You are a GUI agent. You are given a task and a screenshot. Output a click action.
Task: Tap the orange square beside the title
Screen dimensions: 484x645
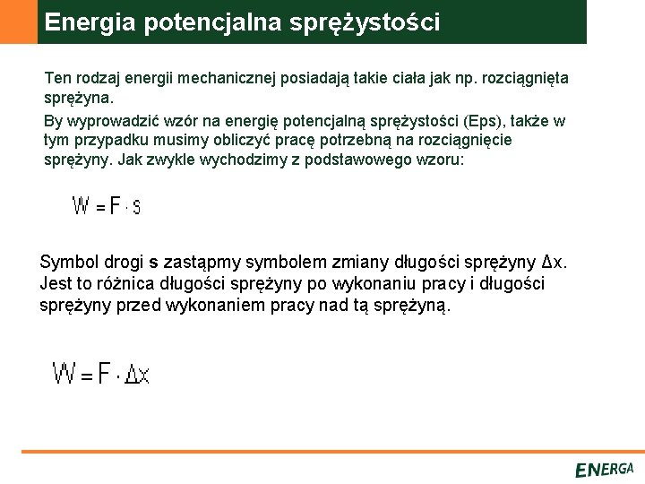[18, 22]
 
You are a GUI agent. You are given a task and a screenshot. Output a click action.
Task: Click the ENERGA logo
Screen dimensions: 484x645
[605, 470]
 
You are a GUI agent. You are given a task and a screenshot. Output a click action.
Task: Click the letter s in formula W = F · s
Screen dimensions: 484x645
[136, 208]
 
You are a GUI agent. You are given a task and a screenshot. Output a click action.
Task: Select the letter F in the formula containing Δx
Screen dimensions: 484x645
[106, 373]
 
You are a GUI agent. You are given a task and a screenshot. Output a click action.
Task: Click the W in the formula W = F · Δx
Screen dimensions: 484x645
[64, 373]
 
